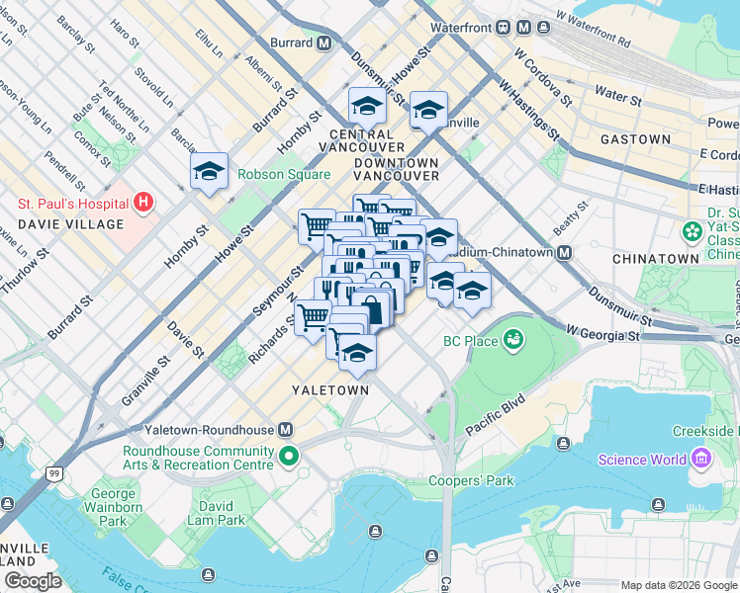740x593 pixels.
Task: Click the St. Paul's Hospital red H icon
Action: (144, 203)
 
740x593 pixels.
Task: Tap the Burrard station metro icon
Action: (324, 42)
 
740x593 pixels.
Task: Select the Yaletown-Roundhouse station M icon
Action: (286, 430)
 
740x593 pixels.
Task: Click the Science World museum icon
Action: (701, 460)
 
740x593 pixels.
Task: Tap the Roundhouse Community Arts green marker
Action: (289, 457)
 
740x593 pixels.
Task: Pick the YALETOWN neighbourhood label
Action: (329, 390)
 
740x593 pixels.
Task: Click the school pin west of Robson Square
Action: (209, 171)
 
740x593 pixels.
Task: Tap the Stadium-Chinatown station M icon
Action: (564, 252)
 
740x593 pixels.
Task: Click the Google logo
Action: (34, 581)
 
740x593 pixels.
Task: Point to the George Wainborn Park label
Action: (113, 506)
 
